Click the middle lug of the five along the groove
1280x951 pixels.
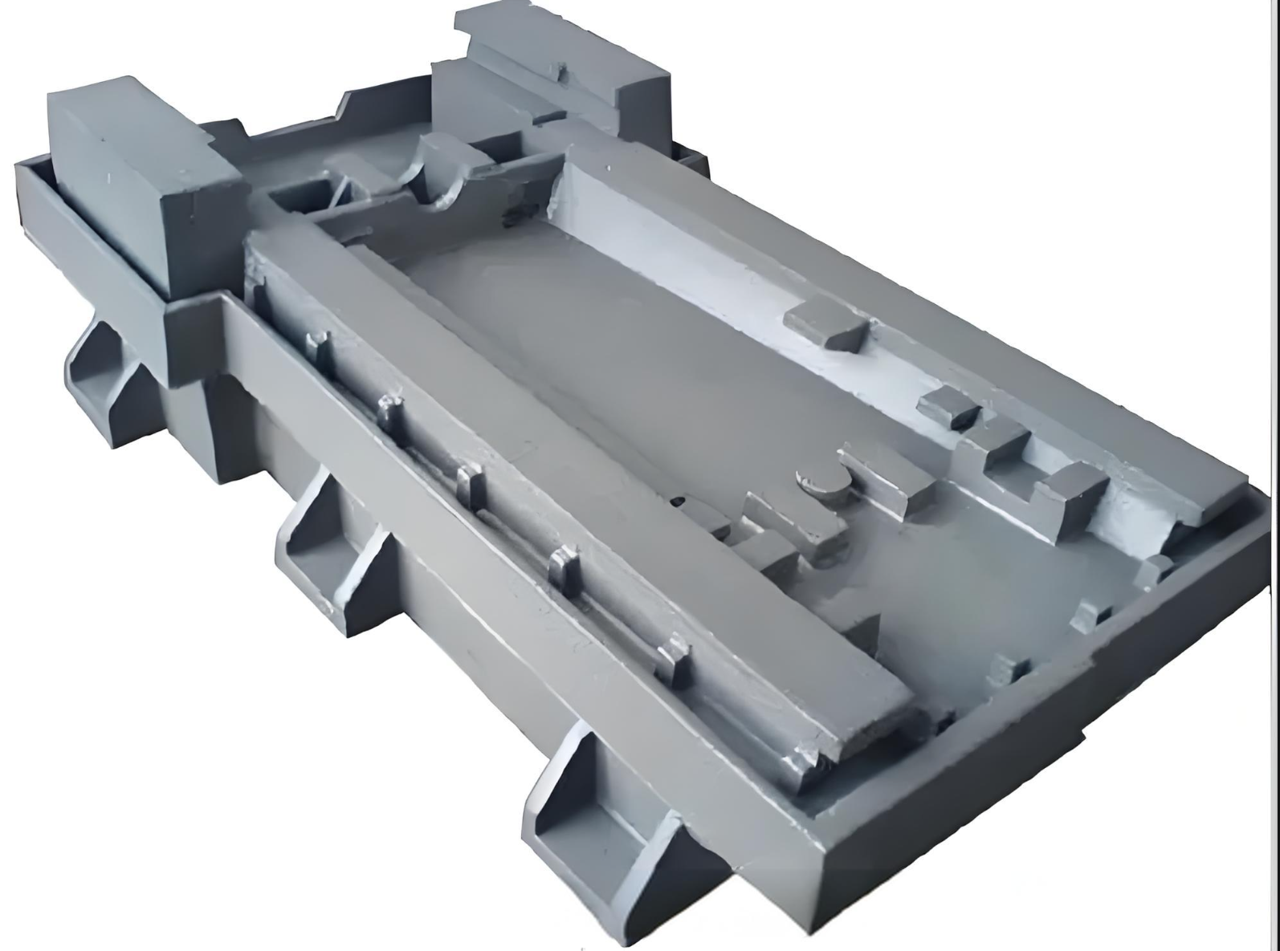(471, 485)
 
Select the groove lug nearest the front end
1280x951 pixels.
(675, 658)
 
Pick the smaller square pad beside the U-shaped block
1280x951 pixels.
(948, 405)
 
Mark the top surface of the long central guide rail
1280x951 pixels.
(562, 482)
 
